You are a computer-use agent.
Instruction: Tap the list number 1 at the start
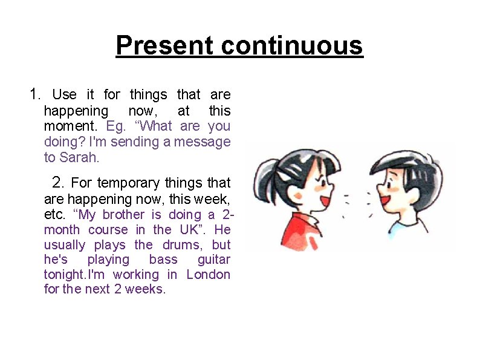[x=34, y=94]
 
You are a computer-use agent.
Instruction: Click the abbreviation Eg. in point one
[x=114, y=126]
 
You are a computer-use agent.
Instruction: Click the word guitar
[x=214, y=260]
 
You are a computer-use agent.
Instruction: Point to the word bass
[x=163, y=260]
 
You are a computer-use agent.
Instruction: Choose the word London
[x=209, y=275]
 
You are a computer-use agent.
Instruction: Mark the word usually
[x=65, y=245]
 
